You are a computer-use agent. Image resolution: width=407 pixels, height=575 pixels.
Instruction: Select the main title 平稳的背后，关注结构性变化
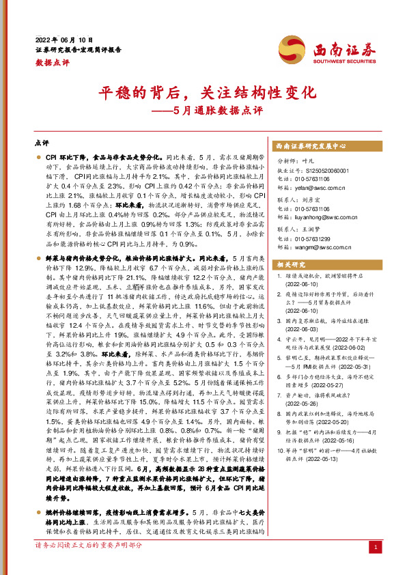coord(203,92)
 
